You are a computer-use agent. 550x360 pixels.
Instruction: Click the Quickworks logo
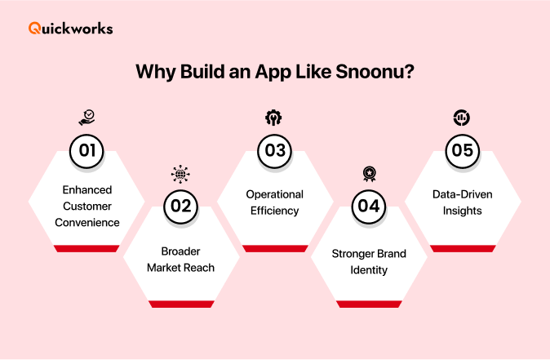point(71,29)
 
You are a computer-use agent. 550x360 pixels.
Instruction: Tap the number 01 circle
point(86,149)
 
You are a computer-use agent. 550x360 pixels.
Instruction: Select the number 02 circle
point(180,205)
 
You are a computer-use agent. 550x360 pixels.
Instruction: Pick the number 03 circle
point(274,149)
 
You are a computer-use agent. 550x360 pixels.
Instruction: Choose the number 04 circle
point(369,205)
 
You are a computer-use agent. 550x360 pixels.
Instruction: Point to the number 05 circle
point(462,149)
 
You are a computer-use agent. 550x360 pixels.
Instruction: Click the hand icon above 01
point(86,118)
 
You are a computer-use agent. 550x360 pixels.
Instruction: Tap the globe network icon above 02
point(180,173)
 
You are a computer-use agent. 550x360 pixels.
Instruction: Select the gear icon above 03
point(274,118)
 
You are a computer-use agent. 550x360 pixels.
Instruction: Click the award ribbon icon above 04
point(369,173)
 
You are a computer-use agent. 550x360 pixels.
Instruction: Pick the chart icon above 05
point(462,118)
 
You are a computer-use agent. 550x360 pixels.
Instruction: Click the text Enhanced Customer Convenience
point(86,206)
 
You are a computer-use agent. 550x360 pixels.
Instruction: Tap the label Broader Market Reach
point(180,260)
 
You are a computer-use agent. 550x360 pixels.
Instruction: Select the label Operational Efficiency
point(274,202)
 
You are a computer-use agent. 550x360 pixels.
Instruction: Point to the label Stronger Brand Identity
point(369,261)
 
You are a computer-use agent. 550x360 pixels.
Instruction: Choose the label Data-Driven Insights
point(462,202)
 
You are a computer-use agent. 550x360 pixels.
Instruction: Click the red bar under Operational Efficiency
point(275,248)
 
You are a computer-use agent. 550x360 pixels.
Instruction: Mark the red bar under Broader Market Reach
point(180,304)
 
